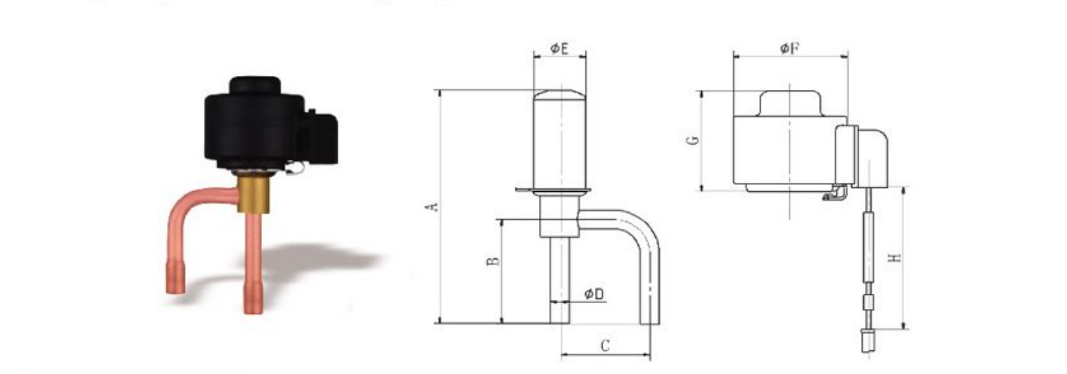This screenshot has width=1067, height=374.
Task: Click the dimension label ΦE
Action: pos(559,49)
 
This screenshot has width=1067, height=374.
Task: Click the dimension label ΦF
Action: pos(790,48)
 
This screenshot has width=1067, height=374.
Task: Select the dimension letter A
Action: pos(432,207)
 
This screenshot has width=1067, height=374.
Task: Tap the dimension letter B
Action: pos(494,261)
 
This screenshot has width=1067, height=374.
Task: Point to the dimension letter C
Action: pos(605,345)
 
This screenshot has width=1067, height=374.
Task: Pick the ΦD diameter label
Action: pos(594,294)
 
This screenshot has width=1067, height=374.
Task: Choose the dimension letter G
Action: pos(693,140)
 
